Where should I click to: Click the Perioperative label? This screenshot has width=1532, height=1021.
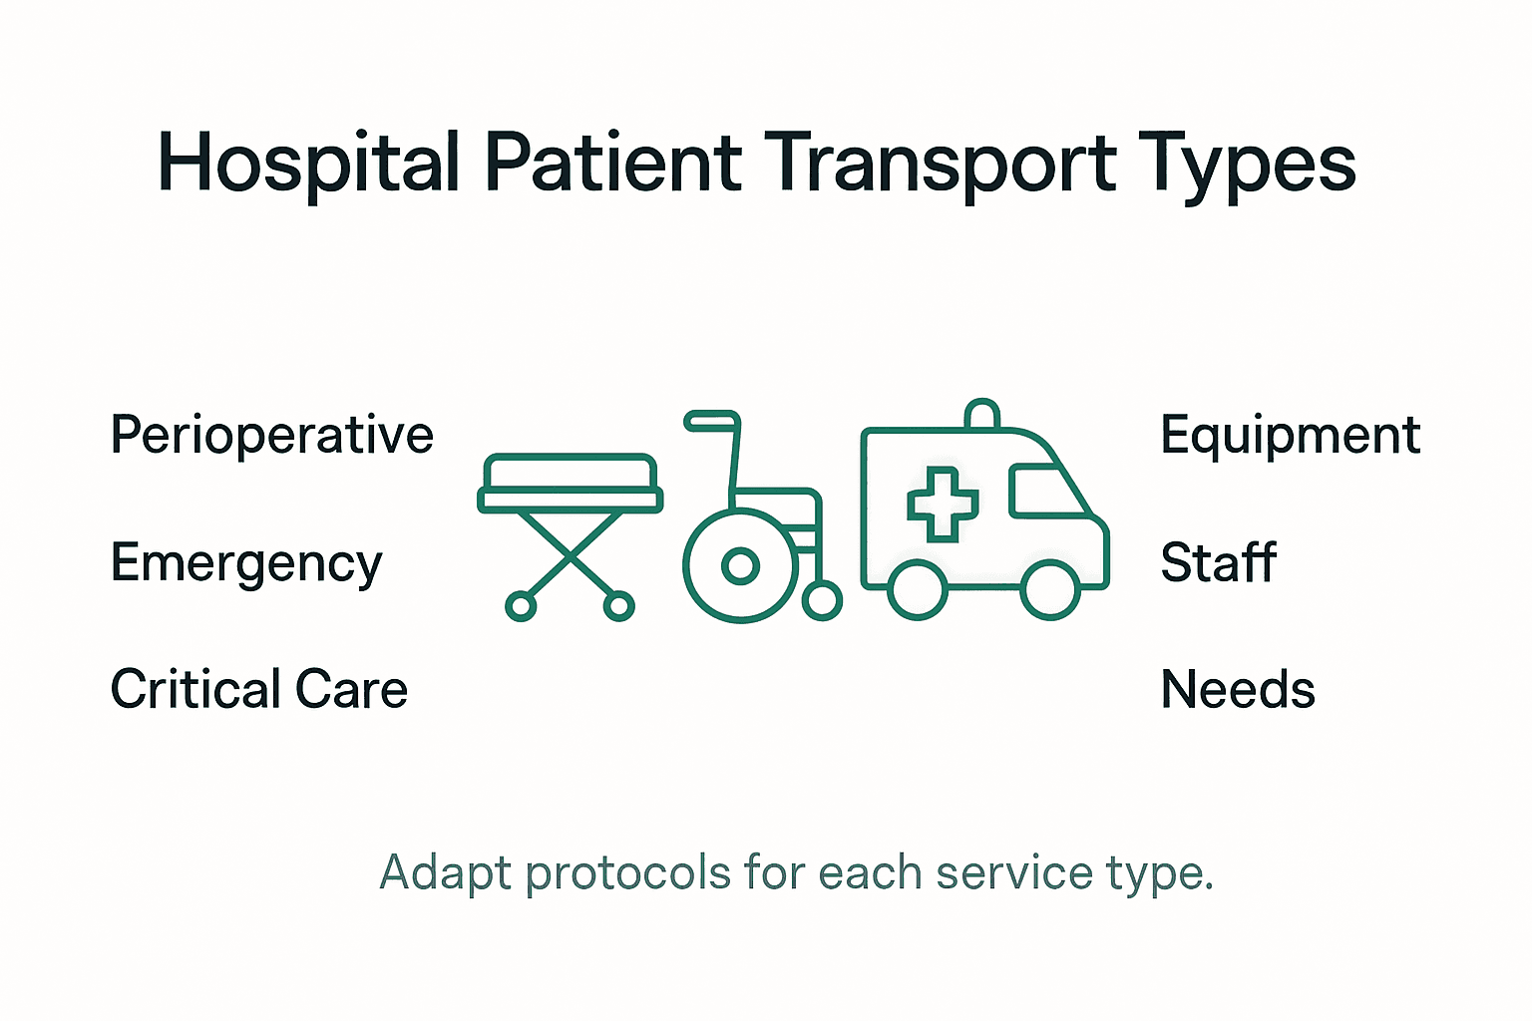pos(271,436)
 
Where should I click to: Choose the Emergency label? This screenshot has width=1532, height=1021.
pos(246,564)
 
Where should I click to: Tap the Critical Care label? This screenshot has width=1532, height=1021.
pos(259,690)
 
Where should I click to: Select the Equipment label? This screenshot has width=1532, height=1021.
pos(1291,436)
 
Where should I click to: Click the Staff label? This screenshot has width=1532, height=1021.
pos(1218,562)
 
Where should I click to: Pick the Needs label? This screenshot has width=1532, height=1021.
pos(1238,690)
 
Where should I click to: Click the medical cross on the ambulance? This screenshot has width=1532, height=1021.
pos(942,504)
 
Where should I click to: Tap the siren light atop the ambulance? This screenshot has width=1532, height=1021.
pos(982,414)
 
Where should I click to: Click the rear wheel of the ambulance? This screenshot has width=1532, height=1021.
pos(918,589)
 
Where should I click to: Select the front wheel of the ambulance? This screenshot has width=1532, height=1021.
pos(1050,589)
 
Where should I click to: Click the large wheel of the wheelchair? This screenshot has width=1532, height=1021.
pos(740,566)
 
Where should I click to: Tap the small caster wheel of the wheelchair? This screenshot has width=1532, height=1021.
pos(822,600)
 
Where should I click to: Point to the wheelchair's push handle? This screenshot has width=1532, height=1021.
pos(711,421)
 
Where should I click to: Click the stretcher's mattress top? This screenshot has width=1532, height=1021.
pos(570,471)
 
